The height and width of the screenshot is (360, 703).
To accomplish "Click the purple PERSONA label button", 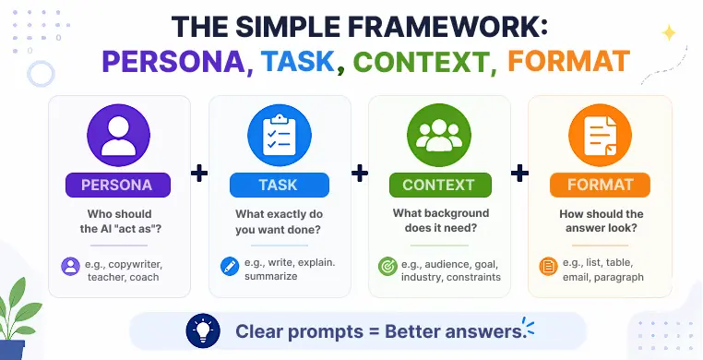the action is tap(118, 185).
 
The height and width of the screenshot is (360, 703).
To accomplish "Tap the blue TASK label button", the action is tap(280, 185).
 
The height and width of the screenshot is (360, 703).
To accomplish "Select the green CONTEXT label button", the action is tap(440, 185).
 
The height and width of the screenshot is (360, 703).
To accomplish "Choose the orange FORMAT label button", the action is tap(600, 185).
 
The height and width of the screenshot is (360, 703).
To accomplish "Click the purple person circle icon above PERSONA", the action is tap(119, 136).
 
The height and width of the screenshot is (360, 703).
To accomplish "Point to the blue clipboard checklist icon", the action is tap(280, 136).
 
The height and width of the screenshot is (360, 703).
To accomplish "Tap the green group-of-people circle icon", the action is tap(439, 136).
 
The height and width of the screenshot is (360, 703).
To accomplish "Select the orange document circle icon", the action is tap(601, 136).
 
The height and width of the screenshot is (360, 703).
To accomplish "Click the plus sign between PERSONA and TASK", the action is tap(199, 173).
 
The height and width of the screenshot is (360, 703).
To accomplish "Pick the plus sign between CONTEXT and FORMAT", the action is tap(520, 173).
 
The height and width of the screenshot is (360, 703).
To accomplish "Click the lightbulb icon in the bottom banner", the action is tap(203, 330).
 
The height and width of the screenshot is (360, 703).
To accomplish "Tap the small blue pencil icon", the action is tap(230, 266).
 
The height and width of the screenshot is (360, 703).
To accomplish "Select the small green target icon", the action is tap(387, 266).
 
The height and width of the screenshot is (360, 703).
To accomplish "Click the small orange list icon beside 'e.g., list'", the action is tap(548, 266).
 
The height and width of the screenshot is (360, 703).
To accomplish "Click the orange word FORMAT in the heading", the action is tap(569, 62).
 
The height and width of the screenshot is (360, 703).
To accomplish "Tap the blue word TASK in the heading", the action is tap(298, 62).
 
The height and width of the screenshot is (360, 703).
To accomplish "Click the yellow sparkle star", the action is tap(669, 33).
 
